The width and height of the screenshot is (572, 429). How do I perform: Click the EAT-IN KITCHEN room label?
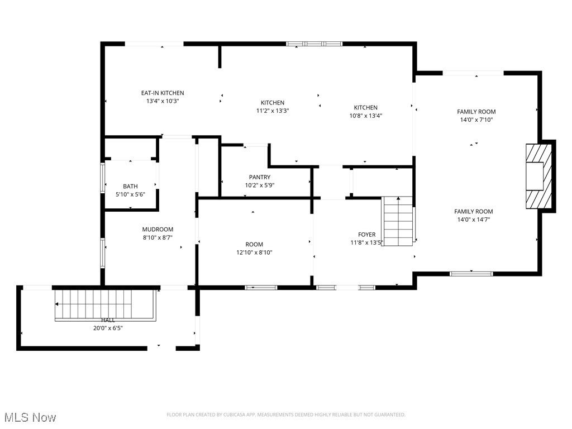pos(162,93)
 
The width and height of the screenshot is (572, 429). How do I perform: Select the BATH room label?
pos(130,187)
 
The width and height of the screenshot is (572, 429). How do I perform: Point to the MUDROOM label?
pos(158,229)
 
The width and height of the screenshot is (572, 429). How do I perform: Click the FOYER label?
pos(366,235)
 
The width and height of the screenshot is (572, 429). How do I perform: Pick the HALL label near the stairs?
pos(108,320)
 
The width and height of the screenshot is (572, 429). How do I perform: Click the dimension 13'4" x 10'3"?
pos(162,101)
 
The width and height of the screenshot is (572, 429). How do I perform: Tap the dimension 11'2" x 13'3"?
pos(272,111)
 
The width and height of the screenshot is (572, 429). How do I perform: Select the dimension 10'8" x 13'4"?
pos(365,116)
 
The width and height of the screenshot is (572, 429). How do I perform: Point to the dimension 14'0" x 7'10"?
pos(476,120)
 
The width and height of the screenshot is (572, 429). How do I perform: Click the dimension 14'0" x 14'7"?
pos(473,220)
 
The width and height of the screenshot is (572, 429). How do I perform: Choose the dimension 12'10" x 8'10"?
pos(254,252)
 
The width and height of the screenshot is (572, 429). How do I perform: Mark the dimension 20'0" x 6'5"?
pos(108,328)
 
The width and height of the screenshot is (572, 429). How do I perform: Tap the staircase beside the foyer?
pos(398,221)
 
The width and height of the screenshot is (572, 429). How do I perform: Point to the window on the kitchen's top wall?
pos(314,44)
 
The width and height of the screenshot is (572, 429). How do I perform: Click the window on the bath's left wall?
pos(102,178)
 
